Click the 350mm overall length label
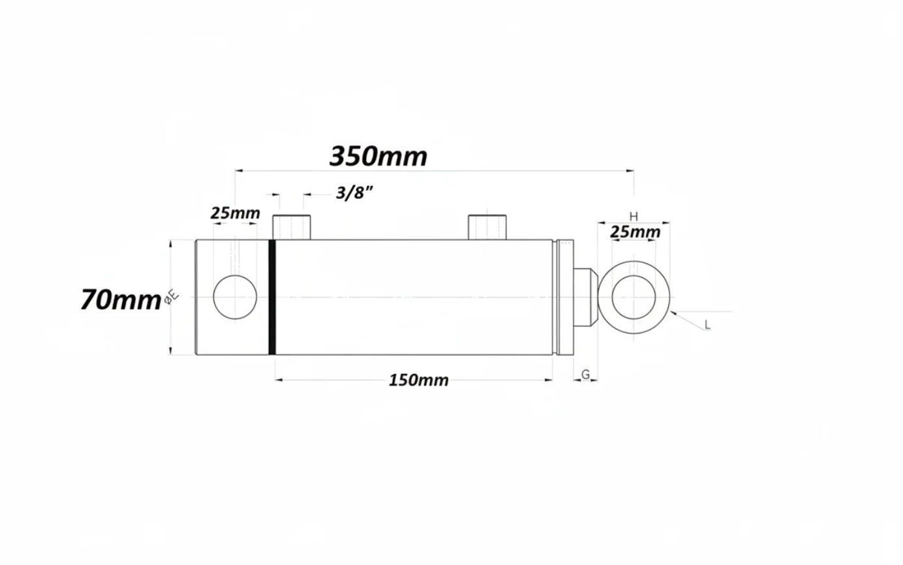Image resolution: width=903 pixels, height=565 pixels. tap(378, 157)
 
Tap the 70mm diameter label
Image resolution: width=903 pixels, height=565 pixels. tap(121, 300)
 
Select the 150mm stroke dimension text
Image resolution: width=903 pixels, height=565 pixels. tap(418, 380)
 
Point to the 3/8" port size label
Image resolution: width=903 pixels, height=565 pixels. tap(354, 193)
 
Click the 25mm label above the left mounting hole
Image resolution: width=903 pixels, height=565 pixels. tap(235, 213)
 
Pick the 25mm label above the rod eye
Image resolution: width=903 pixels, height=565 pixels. tap(635, 232)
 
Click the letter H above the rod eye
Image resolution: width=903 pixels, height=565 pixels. tap(634, 217)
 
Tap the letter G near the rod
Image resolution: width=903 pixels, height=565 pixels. tap(585, 374)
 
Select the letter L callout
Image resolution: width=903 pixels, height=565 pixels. tap(707, 325)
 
